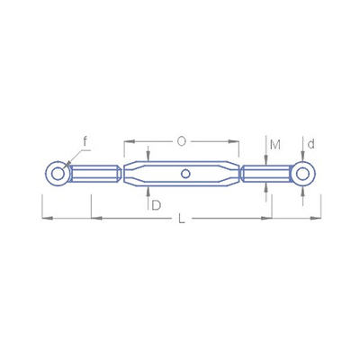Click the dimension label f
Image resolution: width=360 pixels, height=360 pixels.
tap(85, 141)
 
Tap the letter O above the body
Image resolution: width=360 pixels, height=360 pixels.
tap(182, 141)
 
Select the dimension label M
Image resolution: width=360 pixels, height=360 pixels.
tap(275, 145)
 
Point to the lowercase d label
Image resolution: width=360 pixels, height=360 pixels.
tap(311, 144)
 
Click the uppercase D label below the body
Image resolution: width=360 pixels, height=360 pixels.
tap(157, 205)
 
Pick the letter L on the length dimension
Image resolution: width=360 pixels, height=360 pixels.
tap(181, 219)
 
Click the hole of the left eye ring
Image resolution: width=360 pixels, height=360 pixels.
tap(58, 174)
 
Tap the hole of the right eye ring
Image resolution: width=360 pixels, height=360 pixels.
tap(303, 174)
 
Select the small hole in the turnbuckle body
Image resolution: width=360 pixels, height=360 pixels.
tap(185, 174)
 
